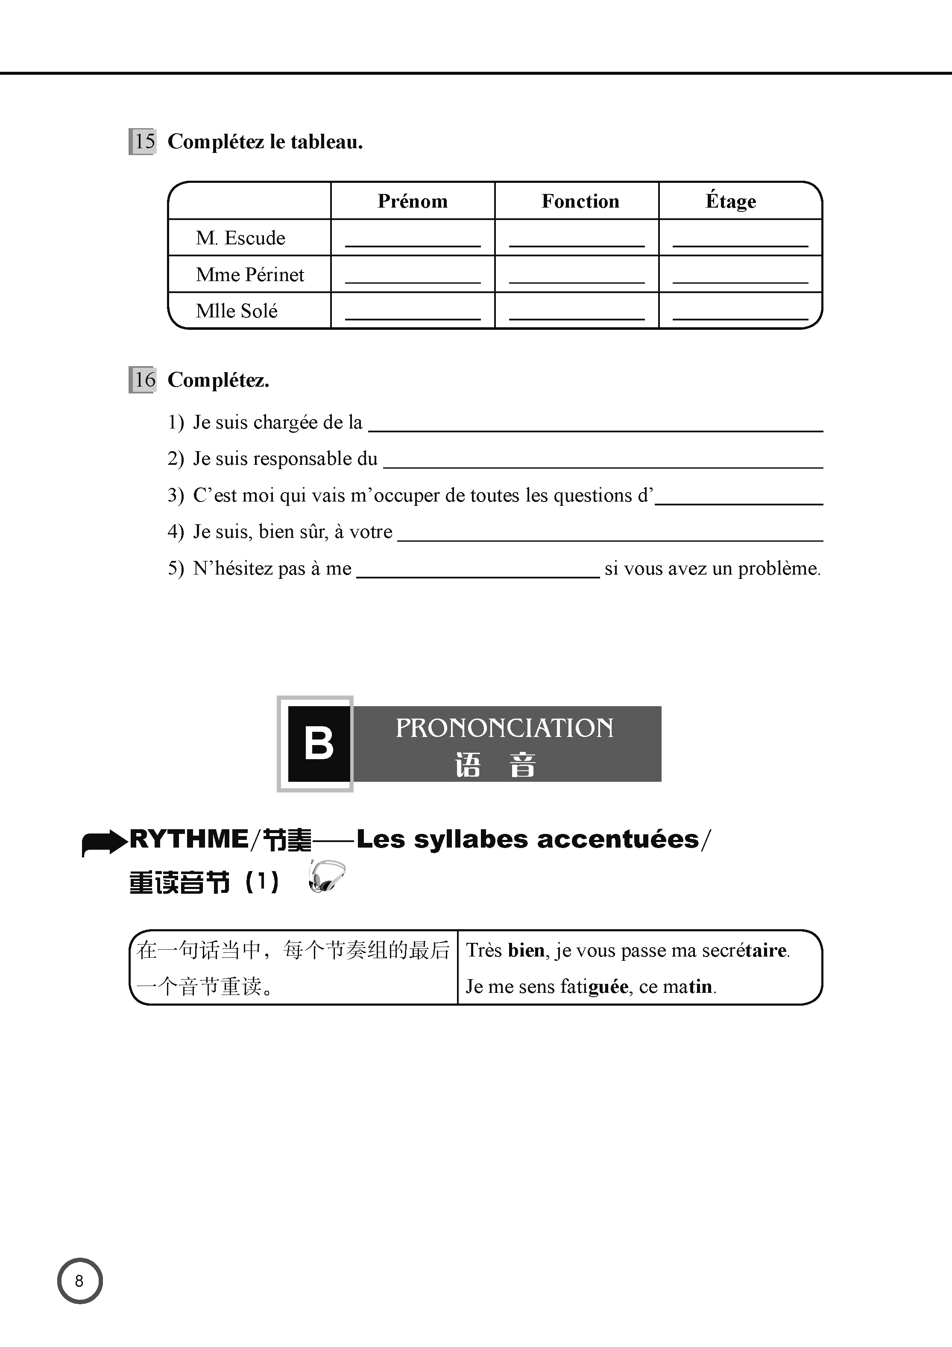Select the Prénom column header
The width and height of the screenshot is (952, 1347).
[412, 201]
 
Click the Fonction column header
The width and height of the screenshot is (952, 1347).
[580, 201]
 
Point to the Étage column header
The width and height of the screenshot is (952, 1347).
[730, 201]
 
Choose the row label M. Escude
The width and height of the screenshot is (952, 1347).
[240, 238]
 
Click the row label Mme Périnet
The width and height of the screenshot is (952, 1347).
[250, 275]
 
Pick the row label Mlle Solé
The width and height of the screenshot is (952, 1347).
[236, 311]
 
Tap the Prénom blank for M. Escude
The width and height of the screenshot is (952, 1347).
[412, 241]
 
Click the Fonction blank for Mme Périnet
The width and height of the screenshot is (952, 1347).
[577, 277]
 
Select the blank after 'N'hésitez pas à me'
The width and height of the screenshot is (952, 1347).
[477, 571]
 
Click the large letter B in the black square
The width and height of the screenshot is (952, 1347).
[319, 743]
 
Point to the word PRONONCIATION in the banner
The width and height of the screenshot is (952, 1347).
[504, 728]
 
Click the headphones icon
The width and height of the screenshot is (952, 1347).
[326, 877]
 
